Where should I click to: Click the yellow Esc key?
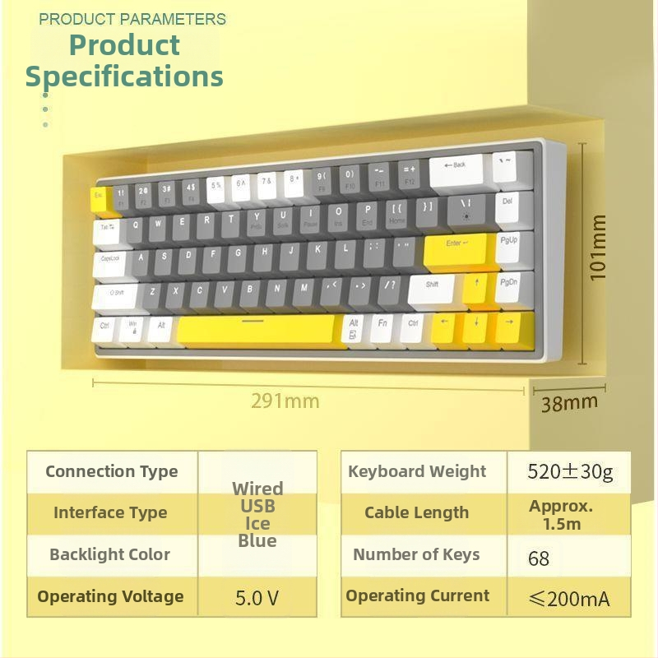tap(99, 198)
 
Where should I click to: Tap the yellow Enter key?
tap(456, 248)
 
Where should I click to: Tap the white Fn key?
tap(383, 328)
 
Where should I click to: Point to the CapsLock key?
tap(111, 262)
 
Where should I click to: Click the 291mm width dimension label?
tap(285, 401)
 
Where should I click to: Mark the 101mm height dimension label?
tap(598, 248)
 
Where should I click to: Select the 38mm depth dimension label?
tap(569, 403)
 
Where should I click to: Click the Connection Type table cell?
tap(112, 471)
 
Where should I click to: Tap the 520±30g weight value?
tap(570, 472)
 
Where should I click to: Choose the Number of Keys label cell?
tap(416, 554)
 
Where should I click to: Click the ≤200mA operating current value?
tap(570, 599)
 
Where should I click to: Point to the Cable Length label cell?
tap(416, 512)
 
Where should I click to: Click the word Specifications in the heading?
tap(124, 76)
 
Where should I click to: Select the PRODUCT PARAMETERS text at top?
tap(132, 18)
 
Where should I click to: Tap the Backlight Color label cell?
tap(110, 554)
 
